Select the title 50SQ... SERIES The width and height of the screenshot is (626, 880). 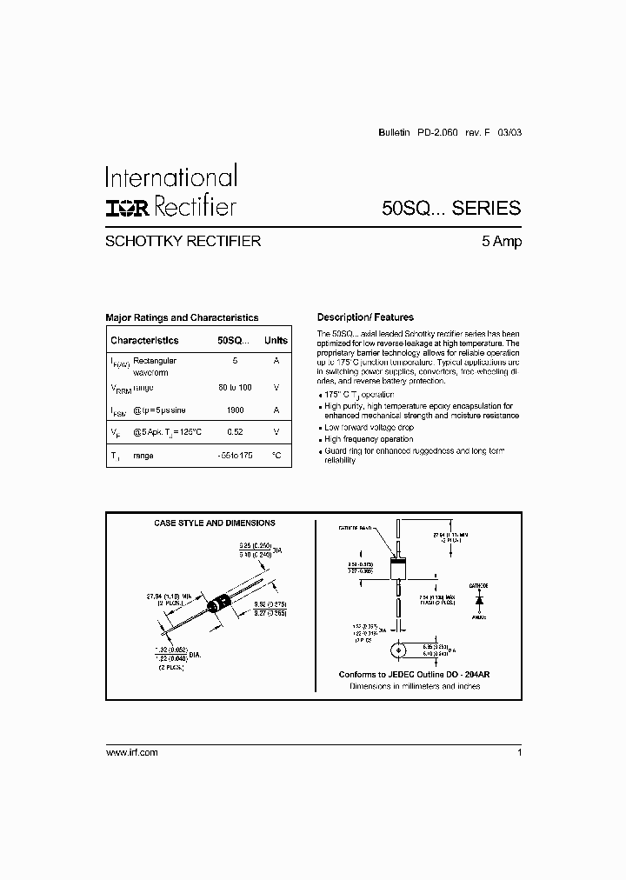[x=451, y=208]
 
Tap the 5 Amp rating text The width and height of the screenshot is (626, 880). [x=502, y=242]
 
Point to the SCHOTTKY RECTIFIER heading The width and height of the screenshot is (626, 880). [x=183, y=242]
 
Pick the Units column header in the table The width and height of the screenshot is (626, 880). [x=276, y=341]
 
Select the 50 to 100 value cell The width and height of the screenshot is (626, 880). [x=235, y=387]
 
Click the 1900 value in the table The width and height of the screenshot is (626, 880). [x=235, y=410]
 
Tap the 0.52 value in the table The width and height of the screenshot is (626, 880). [x=235, y=432]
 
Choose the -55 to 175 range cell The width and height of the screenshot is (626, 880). [x=235, y=455]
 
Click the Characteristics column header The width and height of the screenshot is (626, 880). [x=144, y=341]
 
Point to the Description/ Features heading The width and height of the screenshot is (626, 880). [x=365, y=317]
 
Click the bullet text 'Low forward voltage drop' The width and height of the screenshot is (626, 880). [x=369, y=428]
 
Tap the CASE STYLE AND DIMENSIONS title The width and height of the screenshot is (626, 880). [x=215, y=523]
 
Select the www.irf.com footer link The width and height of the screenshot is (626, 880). [x=131, y=752]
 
